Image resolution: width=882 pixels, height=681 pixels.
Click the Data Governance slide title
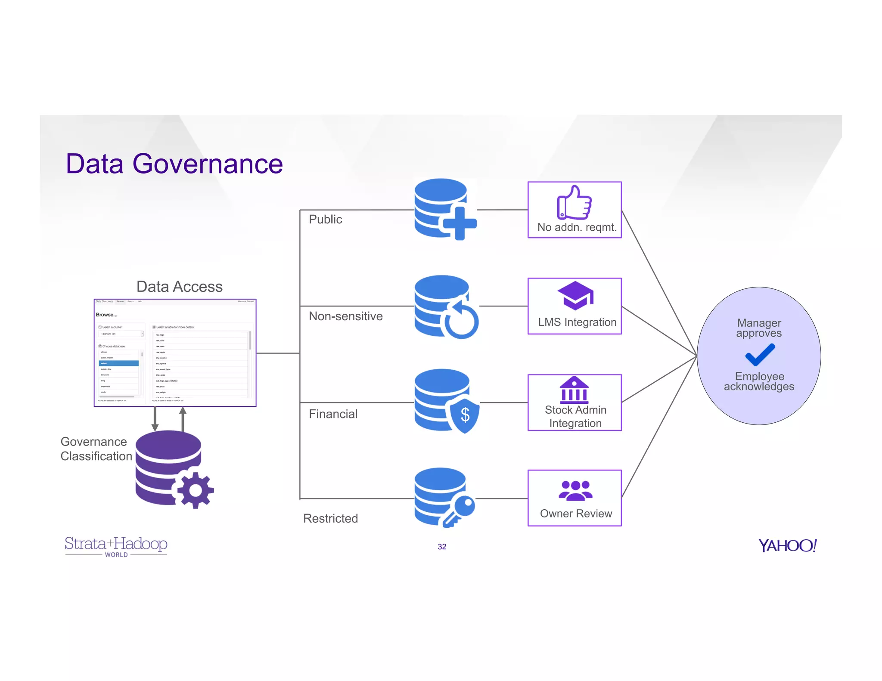(x=174, y=164)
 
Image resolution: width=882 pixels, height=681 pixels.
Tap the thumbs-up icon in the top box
(x=574, y=203)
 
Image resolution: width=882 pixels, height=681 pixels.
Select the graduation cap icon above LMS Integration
(x=575, y=295)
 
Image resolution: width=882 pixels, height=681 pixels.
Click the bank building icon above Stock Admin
(x=574, y=390)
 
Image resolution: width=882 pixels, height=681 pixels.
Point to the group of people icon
(x=575, y=491)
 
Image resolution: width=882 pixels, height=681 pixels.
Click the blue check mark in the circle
(x=760, y=355)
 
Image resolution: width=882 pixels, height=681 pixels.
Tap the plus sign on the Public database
(x=460, y=223)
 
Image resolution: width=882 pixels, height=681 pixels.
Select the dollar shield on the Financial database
(x=465, y=415)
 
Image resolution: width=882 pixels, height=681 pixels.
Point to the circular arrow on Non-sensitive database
(x=461, y=319)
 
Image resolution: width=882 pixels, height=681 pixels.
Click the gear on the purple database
(x=196, y=490)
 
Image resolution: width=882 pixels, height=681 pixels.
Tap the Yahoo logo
(x=787, y=546)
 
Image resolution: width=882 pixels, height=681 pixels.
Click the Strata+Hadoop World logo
(x=116, y=546)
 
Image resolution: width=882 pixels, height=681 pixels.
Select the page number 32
(x=442, y=547)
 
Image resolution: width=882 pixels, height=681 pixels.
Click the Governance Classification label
(x=96, y=449)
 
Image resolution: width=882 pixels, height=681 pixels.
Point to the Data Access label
(x=179, y=287)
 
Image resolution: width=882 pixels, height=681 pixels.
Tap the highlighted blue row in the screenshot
(x=118, y=363)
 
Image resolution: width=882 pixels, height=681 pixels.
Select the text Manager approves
(x=759, y=328)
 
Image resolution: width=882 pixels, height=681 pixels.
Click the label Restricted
(x=330, y=518)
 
